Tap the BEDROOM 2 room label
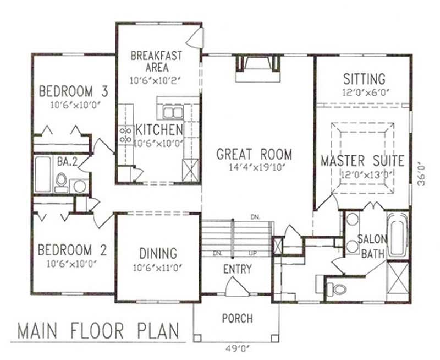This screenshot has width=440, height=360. [72, 250]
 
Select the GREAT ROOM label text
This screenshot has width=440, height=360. [254, 154]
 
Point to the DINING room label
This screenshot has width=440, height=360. [158, 254]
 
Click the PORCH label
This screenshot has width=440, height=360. [237, 318]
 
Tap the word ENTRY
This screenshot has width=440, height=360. [237, 269]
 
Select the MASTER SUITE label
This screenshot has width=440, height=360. [362, 161]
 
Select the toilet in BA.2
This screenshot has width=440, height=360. [62, 181]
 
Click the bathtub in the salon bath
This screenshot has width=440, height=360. [396, 234]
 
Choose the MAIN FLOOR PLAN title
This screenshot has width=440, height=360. [98, 331]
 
